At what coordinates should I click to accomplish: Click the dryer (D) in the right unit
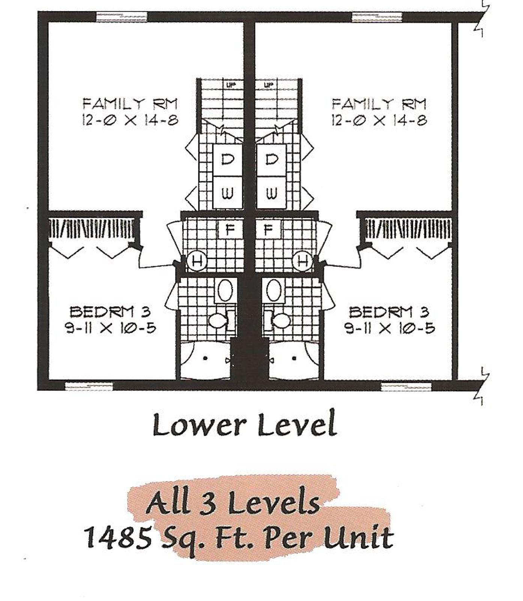(271, 160)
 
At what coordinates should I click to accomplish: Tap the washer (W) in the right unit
(271, 193)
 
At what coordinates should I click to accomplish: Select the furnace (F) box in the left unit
(230, 229)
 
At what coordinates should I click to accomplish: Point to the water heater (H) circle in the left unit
(197, 260)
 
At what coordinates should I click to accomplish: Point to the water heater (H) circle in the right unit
(304, 260)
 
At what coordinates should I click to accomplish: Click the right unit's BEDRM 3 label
(389, 312)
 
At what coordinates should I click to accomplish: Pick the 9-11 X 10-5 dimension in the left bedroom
(111, 328)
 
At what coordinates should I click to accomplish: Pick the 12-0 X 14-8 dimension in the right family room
(379, 121)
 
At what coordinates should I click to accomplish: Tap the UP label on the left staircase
(231, 85)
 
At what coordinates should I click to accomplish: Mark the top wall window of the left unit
(122, 17)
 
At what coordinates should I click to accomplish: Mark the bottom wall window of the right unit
(406, 387)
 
